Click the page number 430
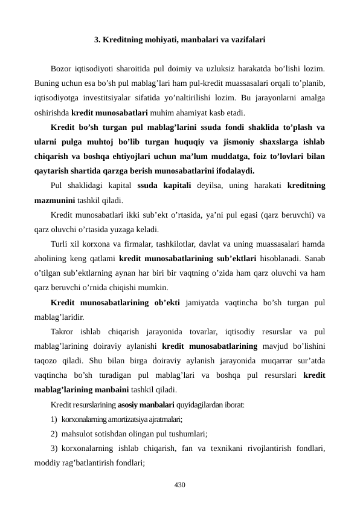pos(179,485)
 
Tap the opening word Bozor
pos(63,68)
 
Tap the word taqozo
pos(48,358)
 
